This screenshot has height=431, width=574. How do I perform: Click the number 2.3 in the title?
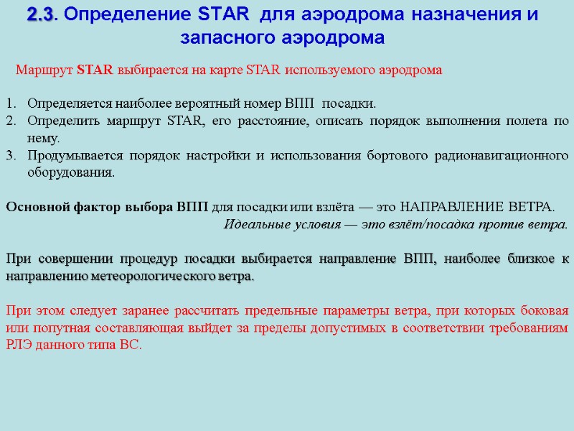(39, 14)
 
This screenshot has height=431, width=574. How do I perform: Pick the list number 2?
(10, 120)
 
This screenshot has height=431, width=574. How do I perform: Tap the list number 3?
(10, 155)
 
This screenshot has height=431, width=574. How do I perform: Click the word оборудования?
(70, 172)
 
